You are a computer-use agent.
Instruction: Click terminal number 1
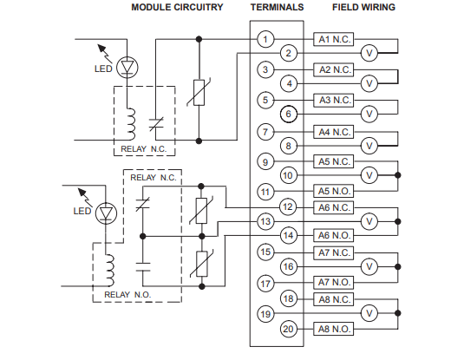265,39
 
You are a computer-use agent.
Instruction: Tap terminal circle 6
289,114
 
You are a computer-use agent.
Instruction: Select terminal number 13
265,221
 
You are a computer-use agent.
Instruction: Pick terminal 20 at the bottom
289,329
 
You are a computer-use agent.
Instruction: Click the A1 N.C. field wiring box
334,39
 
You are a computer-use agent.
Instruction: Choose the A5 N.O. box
334,191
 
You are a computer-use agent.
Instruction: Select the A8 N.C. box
334,299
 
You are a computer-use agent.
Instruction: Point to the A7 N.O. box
334,282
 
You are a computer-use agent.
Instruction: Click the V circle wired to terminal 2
369,53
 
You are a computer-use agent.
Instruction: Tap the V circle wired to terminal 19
369,313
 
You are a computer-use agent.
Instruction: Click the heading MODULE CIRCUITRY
177,7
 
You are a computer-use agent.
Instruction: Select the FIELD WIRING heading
363,7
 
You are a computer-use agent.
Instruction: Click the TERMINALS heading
277,7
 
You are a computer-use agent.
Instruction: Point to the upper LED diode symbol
127,68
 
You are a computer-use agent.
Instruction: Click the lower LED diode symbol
106,213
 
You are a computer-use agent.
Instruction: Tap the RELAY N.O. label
127,295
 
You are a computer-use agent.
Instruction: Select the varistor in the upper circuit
199,92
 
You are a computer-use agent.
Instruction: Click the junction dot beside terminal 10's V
398,175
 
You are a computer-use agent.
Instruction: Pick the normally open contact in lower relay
142,266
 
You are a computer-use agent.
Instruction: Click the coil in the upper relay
131,124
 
